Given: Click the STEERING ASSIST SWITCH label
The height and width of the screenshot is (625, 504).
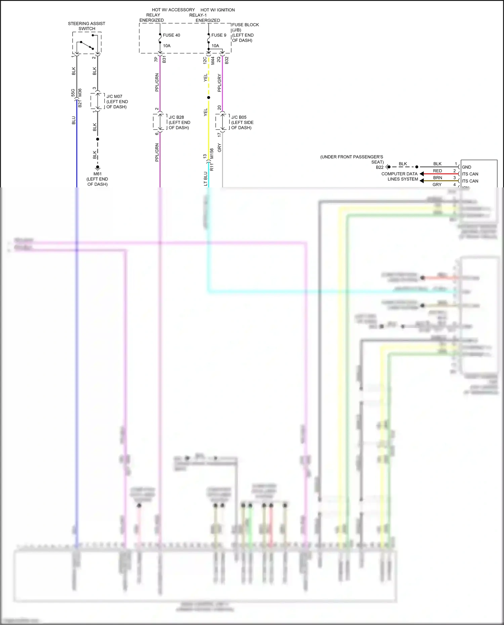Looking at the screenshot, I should tap(86, 26).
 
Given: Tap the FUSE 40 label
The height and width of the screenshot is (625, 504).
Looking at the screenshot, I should tap(171, 35).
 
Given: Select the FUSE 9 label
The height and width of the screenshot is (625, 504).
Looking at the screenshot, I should tap(219, 35).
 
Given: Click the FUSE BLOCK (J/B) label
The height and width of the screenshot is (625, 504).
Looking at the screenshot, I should tap(245, 27).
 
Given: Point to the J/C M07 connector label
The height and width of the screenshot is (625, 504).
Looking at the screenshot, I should tap(114, 96).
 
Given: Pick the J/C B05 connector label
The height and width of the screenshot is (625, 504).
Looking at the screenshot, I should tap(239, 117).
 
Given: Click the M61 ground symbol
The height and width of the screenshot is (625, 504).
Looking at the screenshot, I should tap(97, 167).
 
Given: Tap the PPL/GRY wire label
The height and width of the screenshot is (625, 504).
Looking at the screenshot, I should tap(219, 83).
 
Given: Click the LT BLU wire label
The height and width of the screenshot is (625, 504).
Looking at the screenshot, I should tap(205, 179).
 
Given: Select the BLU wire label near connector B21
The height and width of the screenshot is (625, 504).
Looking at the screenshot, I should tap(74, 120).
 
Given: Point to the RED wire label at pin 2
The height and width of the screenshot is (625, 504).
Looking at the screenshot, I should tap(437, 171).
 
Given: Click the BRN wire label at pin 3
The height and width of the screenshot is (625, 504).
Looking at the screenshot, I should tap(437, 178).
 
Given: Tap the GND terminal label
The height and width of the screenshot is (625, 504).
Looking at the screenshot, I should tap(466, 167).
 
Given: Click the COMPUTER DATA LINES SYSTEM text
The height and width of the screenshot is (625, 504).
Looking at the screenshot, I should tap(400, 176).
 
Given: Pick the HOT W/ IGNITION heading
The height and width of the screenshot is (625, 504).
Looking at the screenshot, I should tap(217, 10).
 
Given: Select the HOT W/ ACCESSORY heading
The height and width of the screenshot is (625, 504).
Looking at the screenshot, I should tap(173, 10).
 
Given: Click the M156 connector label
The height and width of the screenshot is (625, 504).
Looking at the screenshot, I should tap(212, 153).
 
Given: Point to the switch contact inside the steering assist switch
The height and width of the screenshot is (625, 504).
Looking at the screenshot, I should tap(87, 45).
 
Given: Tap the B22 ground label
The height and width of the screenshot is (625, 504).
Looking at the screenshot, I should tap(380, 167).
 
